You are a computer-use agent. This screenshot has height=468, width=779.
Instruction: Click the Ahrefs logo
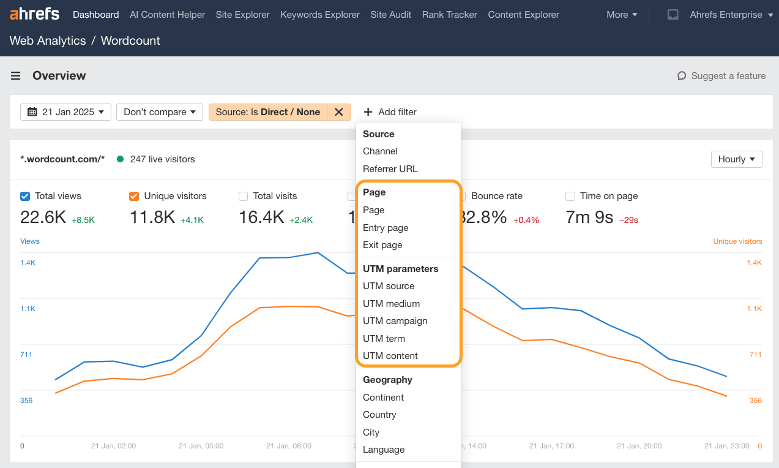[x=34, y=14]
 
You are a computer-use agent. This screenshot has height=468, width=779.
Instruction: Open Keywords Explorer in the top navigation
[x=319, y=14]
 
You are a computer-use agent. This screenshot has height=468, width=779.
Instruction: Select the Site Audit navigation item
[x=390, y=14]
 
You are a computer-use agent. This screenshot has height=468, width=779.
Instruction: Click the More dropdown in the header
[x=622, y=14]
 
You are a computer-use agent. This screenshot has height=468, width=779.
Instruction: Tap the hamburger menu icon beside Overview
[x=16, y=76]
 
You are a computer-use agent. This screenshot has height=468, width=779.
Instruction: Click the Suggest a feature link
[x=721, y=76]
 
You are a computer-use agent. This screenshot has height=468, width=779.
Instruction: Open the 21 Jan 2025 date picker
[x=66, y=112]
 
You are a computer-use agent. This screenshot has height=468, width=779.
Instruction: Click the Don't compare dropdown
[x=160, y=112]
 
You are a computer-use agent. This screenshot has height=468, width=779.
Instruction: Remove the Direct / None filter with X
[x=338, y=112]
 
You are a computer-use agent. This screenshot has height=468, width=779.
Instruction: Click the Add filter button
[x=390, y=112]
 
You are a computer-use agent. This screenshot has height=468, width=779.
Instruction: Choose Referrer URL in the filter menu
[x=390, y=168]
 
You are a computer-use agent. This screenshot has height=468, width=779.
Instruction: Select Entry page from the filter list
[x=386, y=227]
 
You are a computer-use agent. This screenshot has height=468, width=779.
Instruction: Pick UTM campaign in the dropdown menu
[x=395, y=320]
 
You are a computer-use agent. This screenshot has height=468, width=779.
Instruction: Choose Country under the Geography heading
[x=379, y=414]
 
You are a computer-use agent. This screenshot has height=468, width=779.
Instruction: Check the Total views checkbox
[x=25, y=196]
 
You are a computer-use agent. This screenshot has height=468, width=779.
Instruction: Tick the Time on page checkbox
[x=570, y=196]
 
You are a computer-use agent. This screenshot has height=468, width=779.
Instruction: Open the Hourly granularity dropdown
[x=736, y=159]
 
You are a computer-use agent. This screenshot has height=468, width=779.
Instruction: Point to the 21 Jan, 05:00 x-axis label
[x=201, y=446]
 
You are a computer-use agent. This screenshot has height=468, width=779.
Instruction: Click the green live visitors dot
[x=120, y=159]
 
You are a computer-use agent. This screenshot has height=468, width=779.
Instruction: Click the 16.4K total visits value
[x=261, y=217]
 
